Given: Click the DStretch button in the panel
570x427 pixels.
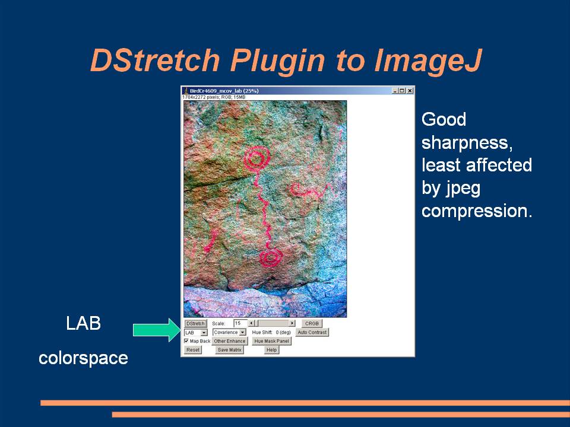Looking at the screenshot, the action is pyautogui.click(x=195, y=323).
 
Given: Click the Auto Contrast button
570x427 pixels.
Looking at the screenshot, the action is pyautogui.click(x=312, y=332).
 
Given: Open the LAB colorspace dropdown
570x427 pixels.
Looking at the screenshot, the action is pyautogui.click(x=195, y=332).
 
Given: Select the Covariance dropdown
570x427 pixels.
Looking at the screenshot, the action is pyautogui.click(x=229, y=332).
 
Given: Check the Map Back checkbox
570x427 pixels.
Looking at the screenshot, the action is pyautogui.click(x=186, y=341).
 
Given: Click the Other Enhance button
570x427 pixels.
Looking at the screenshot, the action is pyautogui.click(x=229, y=341).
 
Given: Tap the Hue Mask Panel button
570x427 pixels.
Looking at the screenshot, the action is pyautogui.click(x=271, y=341).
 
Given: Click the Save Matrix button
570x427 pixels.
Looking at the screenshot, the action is pyautogui.click(x=229, y=350).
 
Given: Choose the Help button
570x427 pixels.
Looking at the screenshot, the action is pyautogui.click(x=271, y=350).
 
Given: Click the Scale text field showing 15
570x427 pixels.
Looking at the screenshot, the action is pyautogui.click(x=240, y=323).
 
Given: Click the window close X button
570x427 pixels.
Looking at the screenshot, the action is pyautogui.click(x=410, y=90).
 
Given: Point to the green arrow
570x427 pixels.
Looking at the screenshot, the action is pyautogui.click(x=156, y=330).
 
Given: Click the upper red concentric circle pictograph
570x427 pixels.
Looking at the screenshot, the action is pyautogui.click(x=256, y=158).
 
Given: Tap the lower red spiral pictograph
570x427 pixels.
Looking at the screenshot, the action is pyautogui.click(x=271, y=258).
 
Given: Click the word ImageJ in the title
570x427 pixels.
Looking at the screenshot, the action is pyautogui.click(x=428, y=60).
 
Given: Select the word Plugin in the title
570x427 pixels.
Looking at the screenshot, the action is pyautogui.click(x=277, y=61).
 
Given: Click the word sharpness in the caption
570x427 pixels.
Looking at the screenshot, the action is pyautogui.click(x=467, y=143).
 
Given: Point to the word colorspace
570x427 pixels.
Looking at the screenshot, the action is pyautogui.click(x=83, y=358).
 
